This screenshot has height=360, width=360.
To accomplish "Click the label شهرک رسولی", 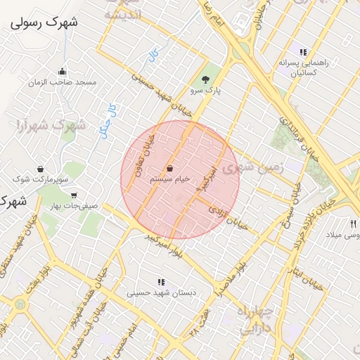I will click(x=44, y=22).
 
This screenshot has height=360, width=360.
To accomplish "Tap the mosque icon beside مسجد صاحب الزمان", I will click(x=63, y=71).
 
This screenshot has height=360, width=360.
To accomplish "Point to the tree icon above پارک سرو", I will click(x=205, y=79).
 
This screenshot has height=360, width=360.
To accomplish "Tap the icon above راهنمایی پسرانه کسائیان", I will click(x=303, y=52).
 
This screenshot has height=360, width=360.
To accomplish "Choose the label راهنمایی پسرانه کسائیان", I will click(x=303, y=67).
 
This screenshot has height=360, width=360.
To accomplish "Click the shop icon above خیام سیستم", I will click(x=171, y=169).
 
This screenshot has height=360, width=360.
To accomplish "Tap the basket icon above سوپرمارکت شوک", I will click(x=40, y=169).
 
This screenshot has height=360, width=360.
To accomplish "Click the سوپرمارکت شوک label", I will click(x=44, y=180).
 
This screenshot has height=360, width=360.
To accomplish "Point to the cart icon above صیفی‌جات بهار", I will click(x=74, y=195).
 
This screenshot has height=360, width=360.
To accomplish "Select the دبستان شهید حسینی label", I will click(x=161, y=292).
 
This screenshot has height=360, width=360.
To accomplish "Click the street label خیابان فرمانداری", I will click(x=300, y=143).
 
